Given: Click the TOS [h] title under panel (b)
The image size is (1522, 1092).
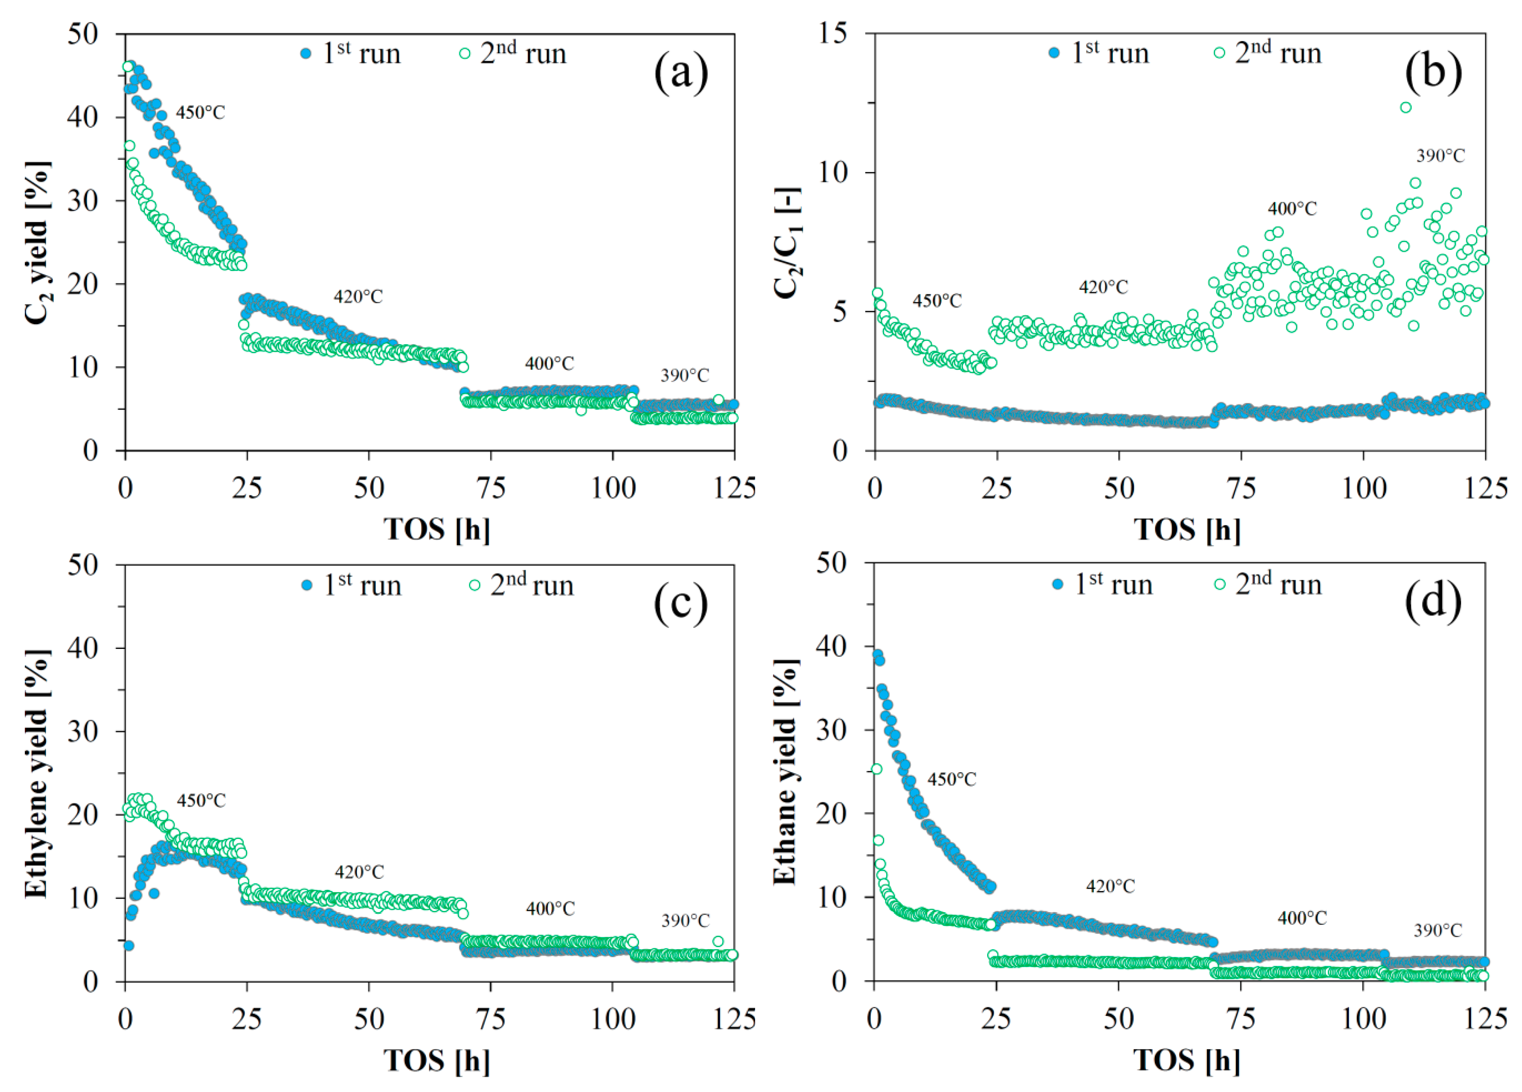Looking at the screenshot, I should point(1187,529).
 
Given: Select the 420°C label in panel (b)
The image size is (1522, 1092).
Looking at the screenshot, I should point(1103,287).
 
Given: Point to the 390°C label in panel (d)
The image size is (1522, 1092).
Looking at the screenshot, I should point(1437,930).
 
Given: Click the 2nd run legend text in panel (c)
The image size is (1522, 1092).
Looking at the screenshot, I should point(532,585).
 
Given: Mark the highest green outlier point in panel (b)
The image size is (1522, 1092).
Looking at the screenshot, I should point(1405,107).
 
